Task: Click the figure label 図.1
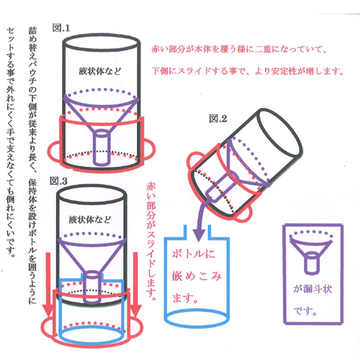pyautogui.click(x=61, y=28)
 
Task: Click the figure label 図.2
pyautogui.click(x=217, y=119)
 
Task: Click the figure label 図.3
pyautogui.click(x=58, y=181)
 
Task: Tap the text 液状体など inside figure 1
pyautogui.click(x=100, y=71)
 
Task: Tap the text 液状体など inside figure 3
pyautogui.click(x=90, y=220)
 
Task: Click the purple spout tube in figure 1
pyautogui.click(x=102, y=148)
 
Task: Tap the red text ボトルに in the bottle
pyautogui.click(x=194, y=254)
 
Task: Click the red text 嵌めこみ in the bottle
pyautogui.click(x=197, y=276)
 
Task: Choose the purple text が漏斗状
pyautogui.click(x=312, y=289)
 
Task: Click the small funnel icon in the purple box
pyautogui.click(x=311, y=252)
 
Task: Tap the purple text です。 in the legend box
pyautogui.click(x=305, y=311)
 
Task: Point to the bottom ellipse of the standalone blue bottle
pyautogui.click(x=197, y=318)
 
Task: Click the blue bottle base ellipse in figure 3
pyautogui.click(x=91, y=335)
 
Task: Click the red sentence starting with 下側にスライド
pyautogui.click(x=248, y=71)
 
